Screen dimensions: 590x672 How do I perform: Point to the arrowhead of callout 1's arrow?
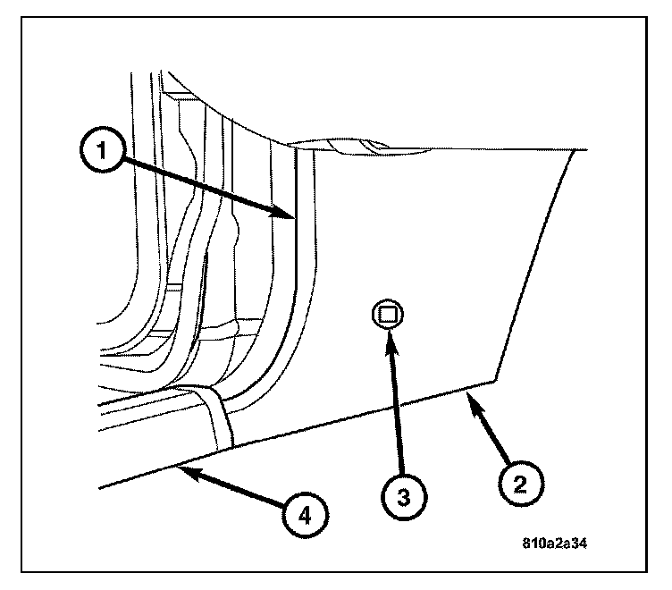(x=291, y=215)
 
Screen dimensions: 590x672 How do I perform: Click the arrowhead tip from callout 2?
(x=466, y=393)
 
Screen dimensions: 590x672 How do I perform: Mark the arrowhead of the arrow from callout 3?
(x=390, y=331)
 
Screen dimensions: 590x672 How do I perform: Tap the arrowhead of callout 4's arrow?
(x=177, y=464)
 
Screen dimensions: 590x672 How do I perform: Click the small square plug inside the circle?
(x=387, y=314)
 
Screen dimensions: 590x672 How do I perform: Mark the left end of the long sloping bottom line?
(x=99, y=487)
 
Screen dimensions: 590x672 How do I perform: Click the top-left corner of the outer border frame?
(x=23, y=23)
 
